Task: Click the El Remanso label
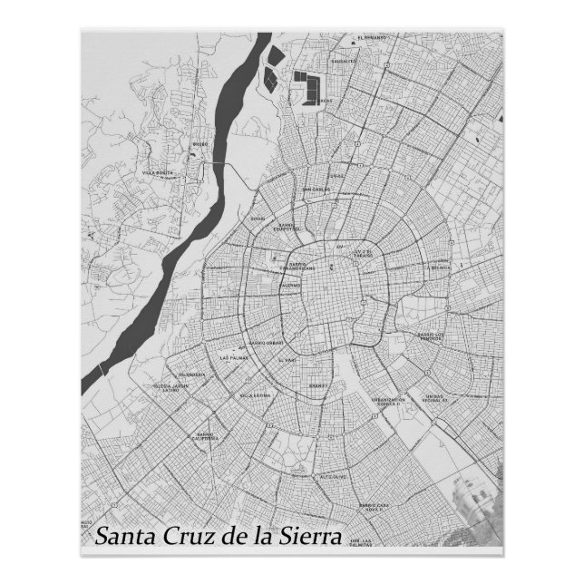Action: click(372, 38)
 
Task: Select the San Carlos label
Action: click(316, 190)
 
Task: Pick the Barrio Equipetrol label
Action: click(287, 229)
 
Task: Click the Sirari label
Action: click(258, 219)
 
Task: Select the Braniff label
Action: click(317, 384)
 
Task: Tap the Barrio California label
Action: click(205, 436)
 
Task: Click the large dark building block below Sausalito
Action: click(309, 91)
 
